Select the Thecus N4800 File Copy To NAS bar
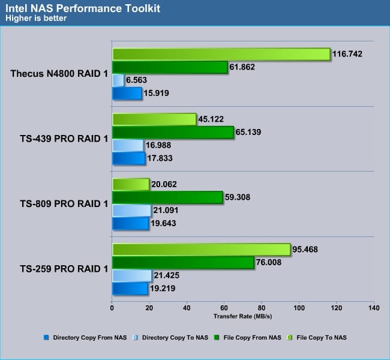221,54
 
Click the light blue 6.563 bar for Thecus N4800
118,80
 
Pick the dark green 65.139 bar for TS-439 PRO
173,132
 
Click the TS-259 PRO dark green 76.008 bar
183,262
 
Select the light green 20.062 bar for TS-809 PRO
131,184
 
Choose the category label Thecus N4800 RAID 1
59,74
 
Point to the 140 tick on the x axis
373,309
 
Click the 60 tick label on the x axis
224,309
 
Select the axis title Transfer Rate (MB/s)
242,316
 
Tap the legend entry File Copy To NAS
322,338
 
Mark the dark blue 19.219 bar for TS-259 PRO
130,289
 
